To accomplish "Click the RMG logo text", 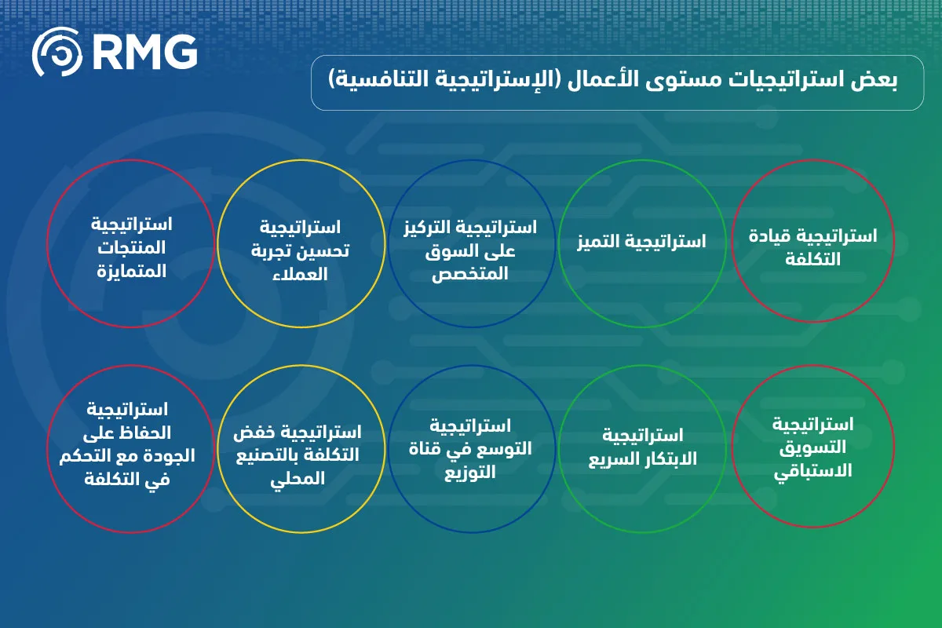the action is pyautogui.click(x=145, y=52).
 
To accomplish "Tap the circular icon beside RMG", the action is pyautogui.click(x=57, y=52).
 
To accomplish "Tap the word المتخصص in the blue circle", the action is pyautogui.click(x=470, y=274).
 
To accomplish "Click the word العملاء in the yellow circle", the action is pyautogui.click(x=300, y=275).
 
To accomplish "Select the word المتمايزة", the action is pyautogui.click(x=132, y=272).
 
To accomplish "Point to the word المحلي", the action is pyautogui.click(x=298, y=479).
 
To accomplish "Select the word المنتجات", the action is pyautogui.click(x=132, y=248).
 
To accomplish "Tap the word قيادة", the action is pyautogui.click(x=768, y=236).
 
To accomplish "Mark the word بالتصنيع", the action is pyautogui.click(x=267, y=456).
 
